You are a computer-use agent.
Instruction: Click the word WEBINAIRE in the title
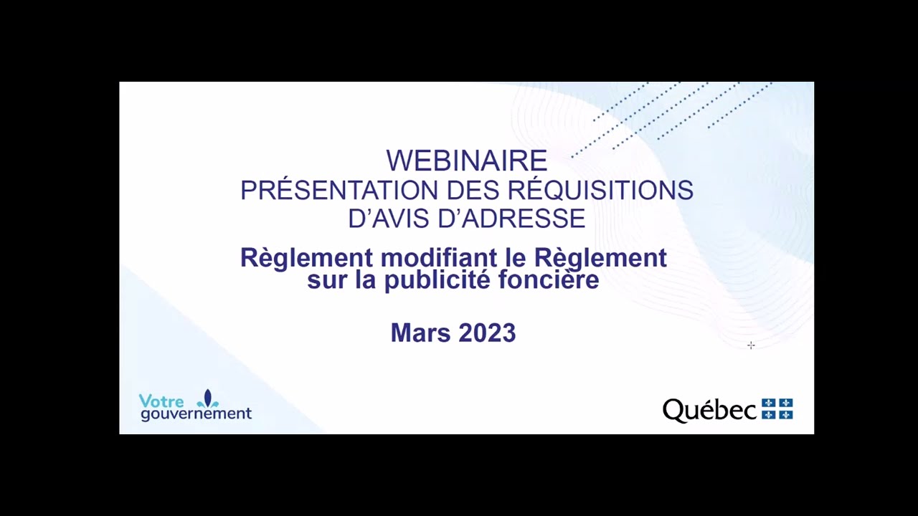coord(466,161)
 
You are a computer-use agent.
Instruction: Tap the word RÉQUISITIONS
coord(600,191)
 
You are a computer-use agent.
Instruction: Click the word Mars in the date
coord(420,333)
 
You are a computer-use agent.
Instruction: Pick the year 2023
coord(487,333)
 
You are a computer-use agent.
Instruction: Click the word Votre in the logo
coord(161,401)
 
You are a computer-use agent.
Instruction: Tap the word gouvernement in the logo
coord(196,414)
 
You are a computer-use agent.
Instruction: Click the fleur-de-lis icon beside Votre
coord(207,399)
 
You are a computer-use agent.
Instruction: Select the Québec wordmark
coord(709,411)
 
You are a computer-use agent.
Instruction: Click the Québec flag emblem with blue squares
coord(777,409)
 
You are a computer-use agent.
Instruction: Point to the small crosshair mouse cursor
coord(751,345)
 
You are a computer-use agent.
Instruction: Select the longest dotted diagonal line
coord(625,120)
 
